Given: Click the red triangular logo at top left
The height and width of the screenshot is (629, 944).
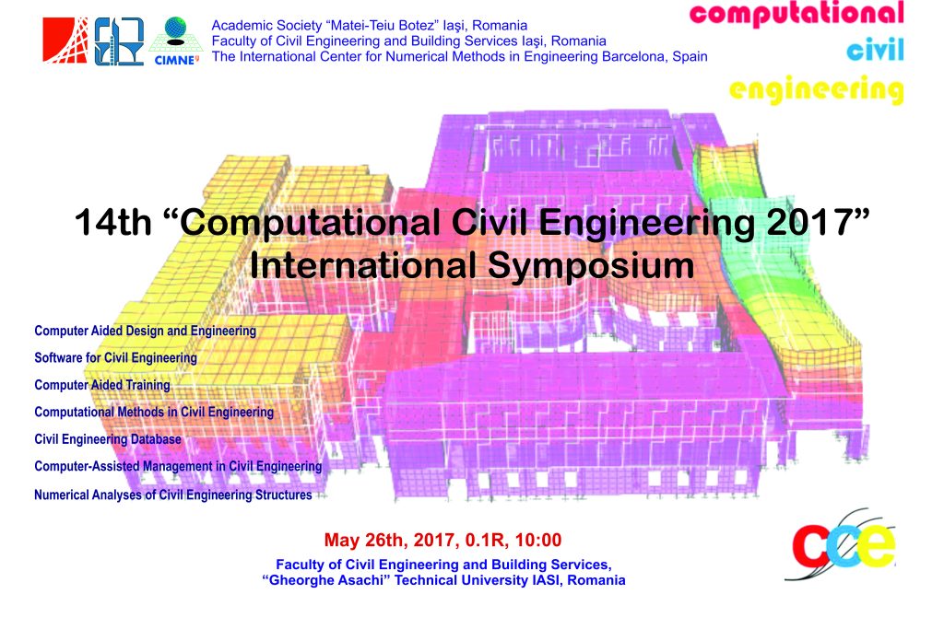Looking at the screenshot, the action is [x=65, y=41].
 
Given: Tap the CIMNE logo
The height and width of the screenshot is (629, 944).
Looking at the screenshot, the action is [x=176, y=41].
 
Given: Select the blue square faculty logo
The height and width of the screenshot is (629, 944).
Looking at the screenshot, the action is [x=119, y=41].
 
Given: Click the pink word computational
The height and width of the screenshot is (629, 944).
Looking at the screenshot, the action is [x=796, y=13].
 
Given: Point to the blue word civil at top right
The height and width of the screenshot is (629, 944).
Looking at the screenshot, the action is [x=875, y=50].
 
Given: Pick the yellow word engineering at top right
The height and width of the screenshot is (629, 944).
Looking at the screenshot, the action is [x=817, y=90].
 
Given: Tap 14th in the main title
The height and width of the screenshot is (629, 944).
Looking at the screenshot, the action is [x=113, y=222].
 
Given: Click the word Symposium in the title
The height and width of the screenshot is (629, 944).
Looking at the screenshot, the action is [x=591, y=266].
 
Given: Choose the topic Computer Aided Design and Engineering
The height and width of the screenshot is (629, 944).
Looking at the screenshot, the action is [x=145, y=331].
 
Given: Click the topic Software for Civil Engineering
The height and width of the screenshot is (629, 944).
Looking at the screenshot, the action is [x=115, y=358].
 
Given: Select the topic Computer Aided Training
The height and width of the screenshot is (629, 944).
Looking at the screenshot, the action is [x=102, y=385].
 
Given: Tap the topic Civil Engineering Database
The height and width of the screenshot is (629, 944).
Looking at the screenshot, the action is [x=108, y=439].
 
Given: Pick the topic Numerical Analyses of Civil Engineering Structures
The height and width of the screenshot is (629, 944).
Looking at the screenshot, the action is [x=172, y=495].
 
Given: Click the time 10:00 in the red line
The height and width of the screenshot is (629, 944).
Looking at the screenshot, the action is [x=538, y=540].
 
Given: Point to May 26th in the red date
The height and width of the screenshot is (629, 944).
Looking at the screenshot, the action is [x=366, y=540].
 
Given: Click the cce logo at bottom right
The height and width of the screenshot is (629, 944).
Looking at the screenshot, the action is [x=843, y=545].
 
